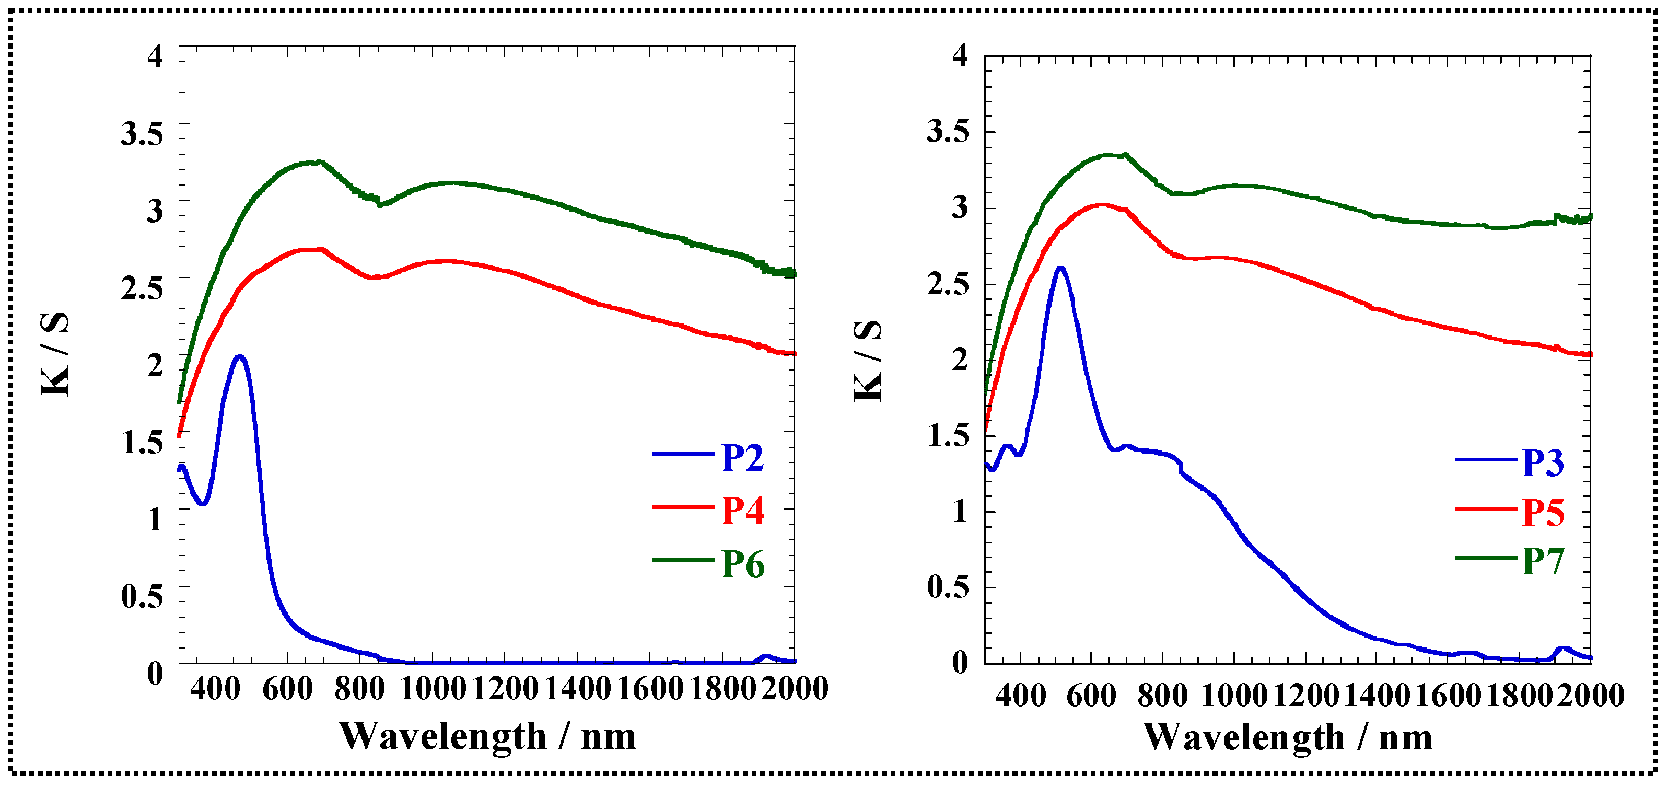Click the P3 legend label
1543,463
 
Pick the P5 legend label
1543,513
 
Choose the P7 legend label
1543,561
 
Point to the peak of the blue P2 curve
240,357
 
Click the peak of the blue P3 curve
1060,268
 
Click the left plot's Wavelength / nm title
487,736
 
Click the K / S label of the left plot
55,354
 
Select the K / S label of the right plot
868,360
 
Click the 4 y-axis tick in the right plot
960,55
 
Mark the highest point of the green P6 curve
319,162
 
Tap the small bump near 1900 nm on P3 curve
1563,648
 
